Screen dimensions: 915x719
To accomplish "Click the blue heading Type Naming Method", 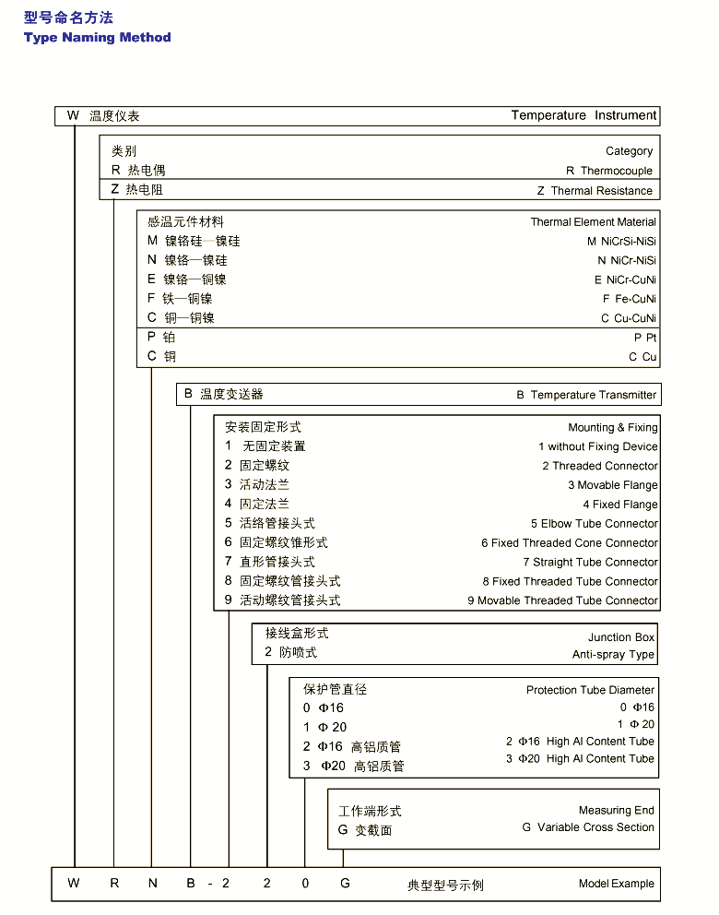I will [x=98, y=38].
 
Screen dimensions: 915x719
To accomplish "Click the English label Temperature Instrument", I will [x=583, y=115].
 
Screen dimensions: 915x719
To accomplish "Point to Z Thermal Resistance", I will [x=595, y=191].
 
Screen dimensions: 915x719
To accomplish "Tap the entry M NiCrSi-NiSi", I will [x=621, y=242].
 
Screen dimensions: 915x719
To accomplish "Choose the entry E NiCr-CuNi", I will [x=625, y=279].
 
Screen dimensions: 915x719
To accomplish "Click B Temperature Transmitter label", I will [x=586, y=395].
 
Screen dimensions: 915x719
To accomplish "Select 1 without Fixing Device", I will [x=597, y=446].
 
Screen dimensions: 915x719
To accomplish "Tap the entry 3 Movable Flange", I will [x=612, y=485].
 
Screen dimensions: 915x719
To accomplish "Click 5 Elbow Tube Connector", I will [x=594, y=523].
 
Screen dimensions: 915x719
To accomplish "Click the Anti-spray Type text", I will [x=613, y=655].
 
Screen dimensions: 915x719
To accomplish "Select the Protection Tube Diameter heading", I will [x=590, y=690].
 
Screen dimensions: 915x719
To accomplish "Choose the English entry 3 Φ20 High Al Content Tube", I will [x=580, y=759].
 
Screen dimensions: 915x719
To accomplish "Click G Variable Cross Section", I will [x=588, y=827].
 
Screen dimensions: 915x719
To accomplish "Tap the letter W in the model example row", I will [x=74, y=884].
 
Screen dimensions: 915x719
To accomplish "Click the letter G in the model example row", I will [x=345, y=884].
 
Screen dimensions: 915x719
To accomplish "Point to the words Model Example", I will [x=616, y=884].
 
